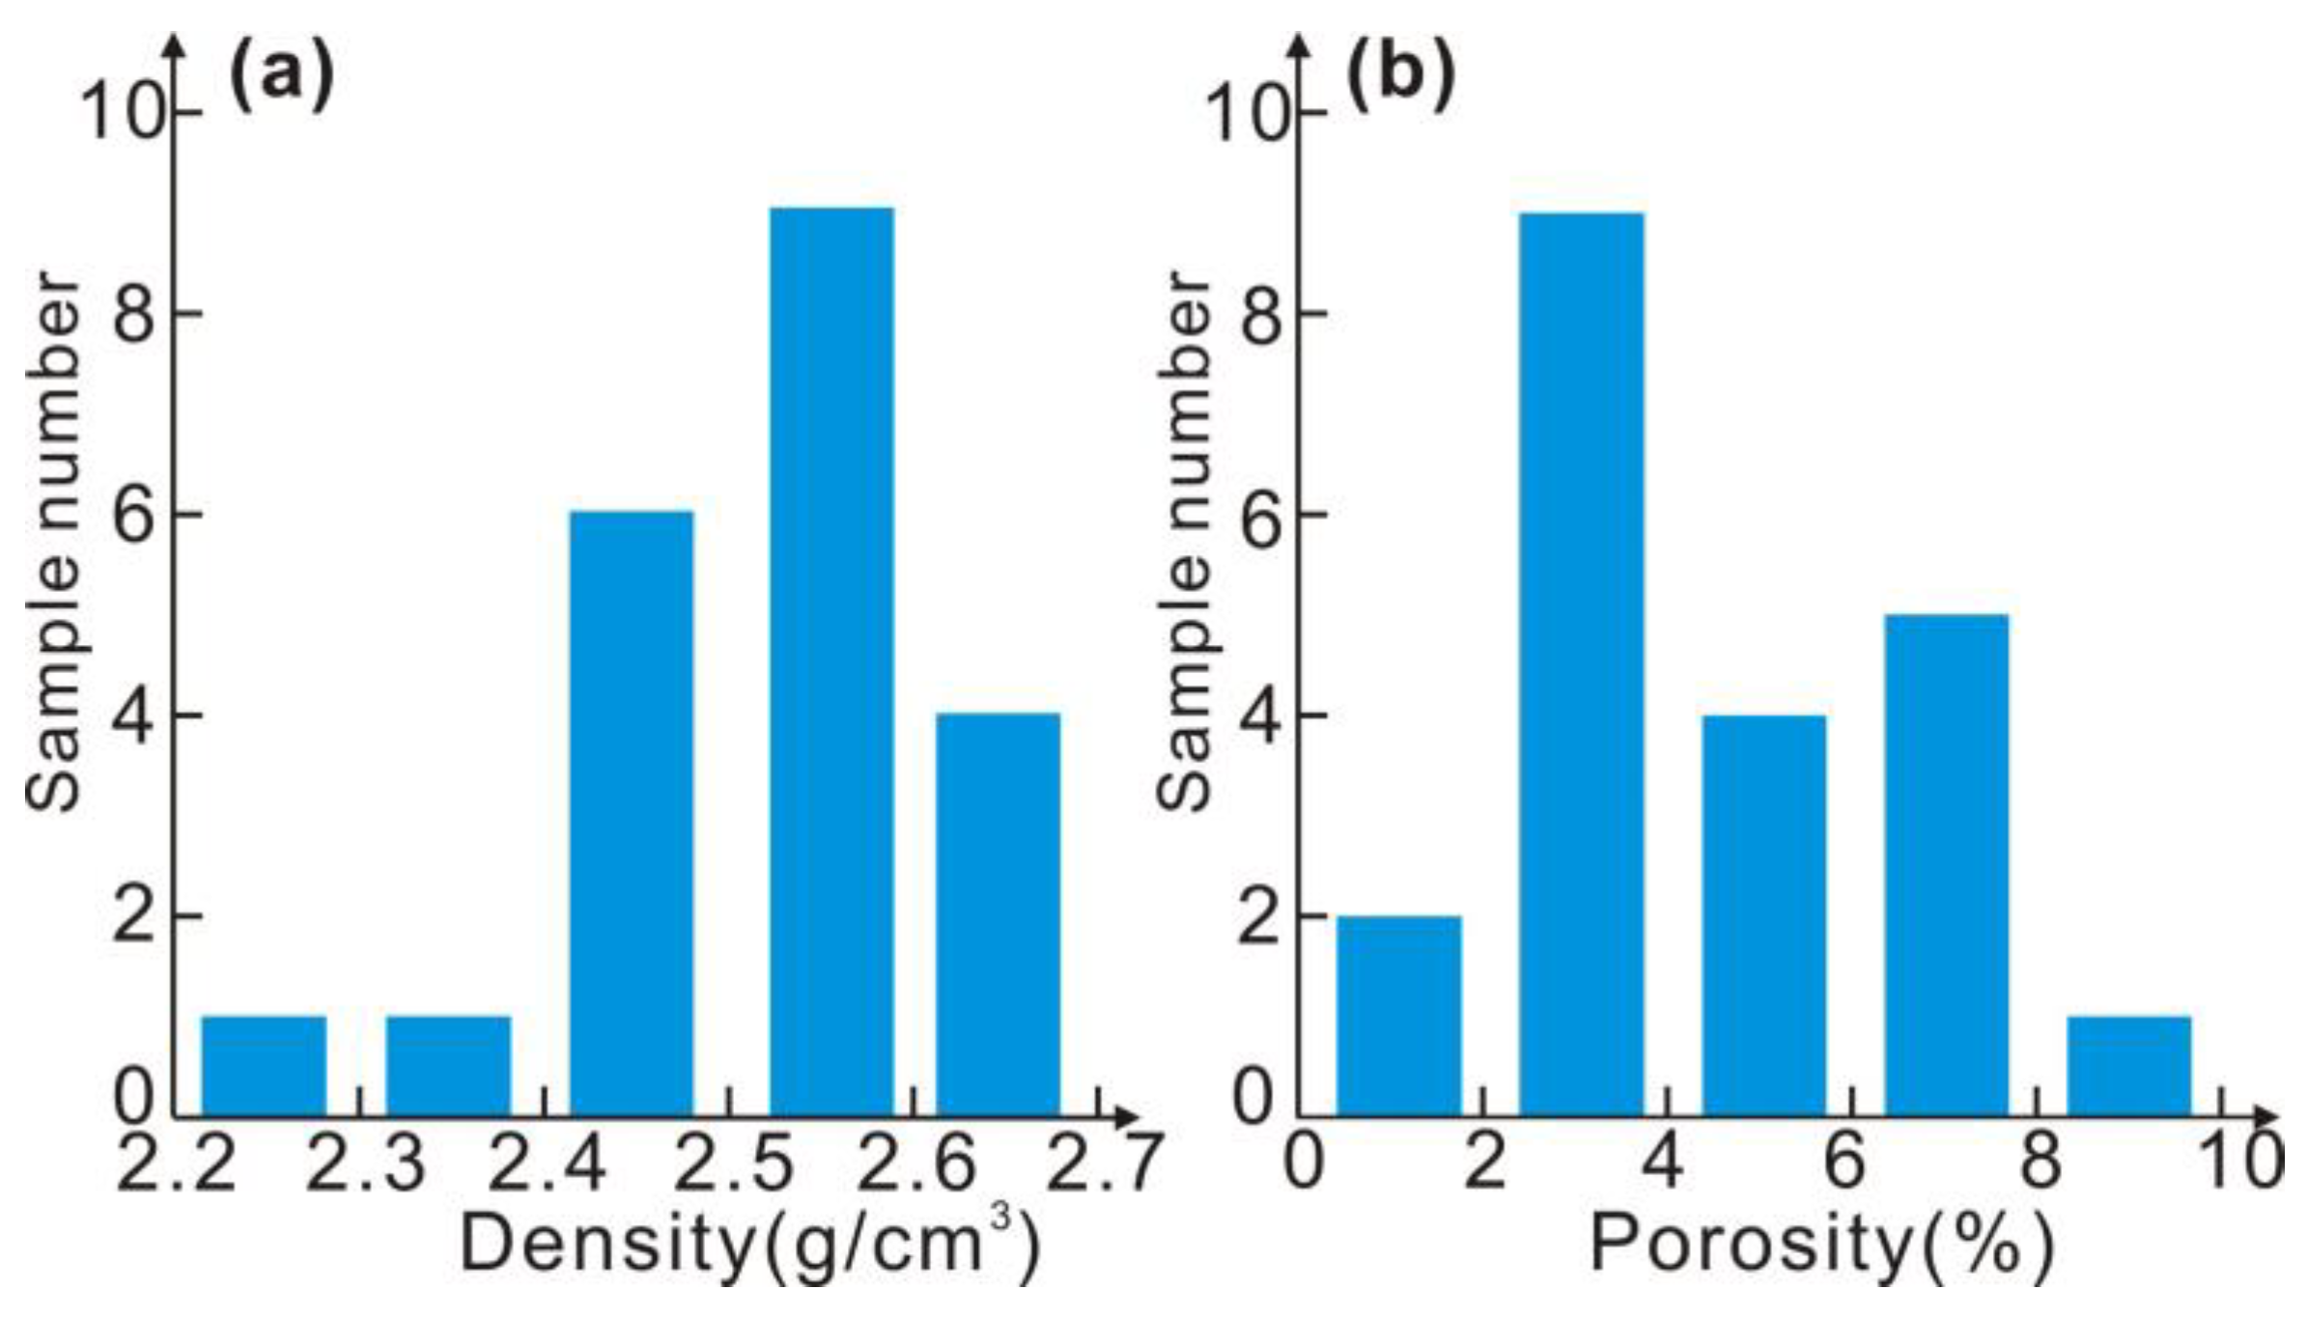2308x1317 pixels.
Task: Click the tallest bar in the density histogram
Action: [831, 661]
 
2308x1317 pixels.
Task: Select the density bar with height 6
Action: [632, 814]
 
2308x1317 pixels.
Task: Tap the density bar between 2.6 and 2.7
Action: [998, 914]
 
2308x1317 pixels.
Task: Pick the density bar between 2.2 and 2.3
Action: [264, 1066]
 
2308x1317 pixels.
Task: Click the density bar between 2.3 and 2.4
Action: [448, 1066]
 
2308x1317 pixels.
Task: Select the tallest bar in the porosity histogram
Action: [1582, 664]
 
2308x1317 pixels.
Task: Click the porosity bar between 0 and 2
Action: [1398, 1016]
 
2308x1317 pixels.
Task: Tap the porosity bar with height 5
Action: [1947, 865]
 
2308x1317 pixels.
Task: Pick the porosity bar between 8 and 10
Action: [2128, 1066]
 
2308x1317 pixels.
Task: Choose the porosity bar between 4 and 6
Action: [1763, 915]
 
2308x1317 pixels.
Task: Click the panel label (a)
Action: [281, 77]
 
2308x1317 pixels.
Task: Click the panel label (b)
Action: [1400, 77]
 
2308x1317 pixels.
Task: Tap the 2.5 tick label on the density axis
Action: [733, 1164]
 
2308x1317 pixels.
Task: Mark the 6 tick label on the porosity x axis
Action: [1844, 1164]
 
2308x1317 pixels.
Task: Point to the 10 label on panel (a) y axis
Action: [120, 113]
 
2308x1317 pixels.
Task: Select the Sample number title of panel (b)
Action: [1184, 541]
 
